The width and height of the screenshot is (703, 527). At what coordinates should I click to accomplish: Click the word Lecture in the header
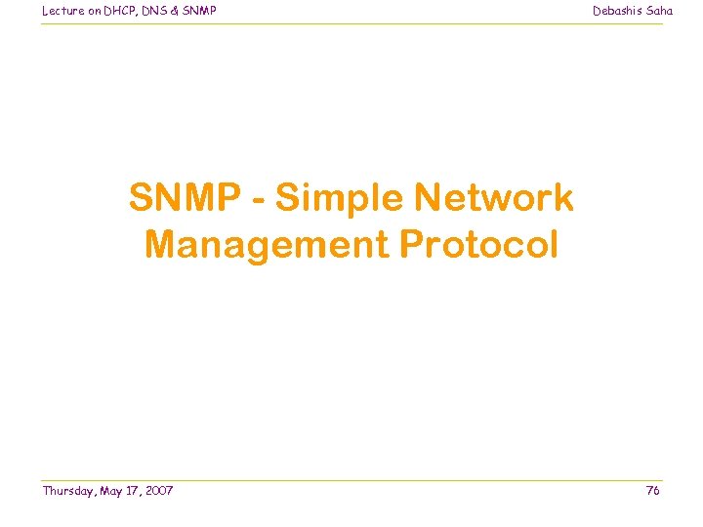(x=62, y=11)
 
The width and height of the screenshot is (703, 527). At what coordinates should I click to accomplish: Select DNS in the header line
(x=157, y=11)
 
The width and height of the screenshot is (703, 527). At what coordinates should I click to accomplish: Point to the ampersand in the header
(x=179, y=11)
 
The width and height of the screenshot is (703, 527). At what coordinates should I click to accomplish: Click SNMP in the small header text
(x=201, y=11)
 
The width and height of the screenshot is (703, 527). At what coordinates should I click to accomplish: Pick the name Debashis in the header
(x=617, y=11)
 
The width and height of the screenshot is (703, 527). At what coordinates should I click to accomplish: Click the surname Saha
(x=659, y=11)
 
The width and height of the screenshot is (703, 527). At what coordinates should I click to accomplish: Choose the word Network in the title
(x=494, y=198)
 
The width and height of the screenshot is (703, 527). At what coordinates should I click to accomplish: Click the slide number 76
(x=653, y=491)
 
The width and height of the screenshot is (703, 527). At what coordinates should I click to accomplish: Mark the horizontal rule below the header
(x=351, y=23)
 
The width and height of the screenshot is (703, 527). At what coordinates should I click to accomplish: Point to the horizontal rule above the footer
(x=351, y=480)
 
